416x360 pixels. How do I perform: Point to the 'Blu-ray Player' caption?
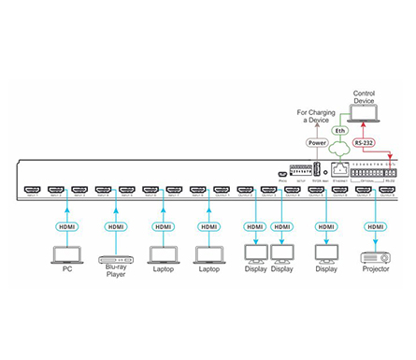(x=114, y=272)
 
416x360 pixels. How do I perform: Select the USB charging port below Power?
(x=316, y=170)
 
